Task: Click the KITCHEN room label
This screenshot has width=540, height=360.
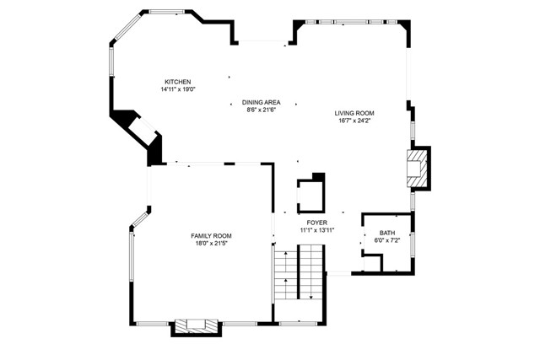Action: [x=178, y=82]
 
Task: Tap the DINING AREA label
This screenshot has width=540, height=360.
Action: [x=261, y=102]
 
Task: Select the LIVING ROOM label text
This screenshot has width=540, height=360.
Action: [x=354, y=113]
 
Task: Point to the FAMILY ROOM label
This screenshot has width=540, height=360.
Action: [x=211, y=236]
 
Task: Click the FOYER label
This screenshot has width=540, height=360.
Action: [x=317, y=223]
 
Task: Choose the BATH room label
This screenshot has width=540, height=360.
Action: [x=387, y=233]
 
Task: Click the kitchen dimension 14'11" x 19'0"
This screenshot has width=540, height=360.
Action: [x=178, y=89]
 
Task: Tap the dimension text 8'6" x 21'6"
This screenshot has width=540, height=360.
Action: [x=262, y=110]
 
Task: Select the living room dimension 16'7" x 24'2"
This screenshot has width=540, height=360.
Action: [x=354, y=121]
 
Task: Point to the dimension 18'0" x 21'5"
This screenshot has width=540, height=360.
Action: [x=211, y=244]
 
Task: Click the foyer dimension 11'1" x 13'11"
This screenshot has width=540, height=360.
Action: [x=317, y=230]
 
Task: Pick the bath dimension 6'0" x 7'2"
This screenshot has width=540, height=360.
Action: [x=387, y=240]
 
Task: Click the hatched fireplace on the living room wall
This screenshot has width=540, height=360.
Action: [x=418, y=169]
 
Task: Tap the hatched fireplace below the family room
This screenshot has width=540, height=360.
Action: [x=197, y=326]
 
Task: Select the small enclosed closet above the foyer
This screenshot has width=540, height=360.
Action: [x=311, y=196]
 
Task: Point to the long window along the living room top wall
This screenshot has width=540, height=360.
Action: [x=351, y=22]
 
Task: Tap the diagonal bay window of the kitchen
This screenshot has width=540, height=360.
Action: [x=127, y=27]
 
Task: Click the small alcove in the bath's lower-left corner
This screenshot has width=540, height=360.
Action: [x=372, y=263]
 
